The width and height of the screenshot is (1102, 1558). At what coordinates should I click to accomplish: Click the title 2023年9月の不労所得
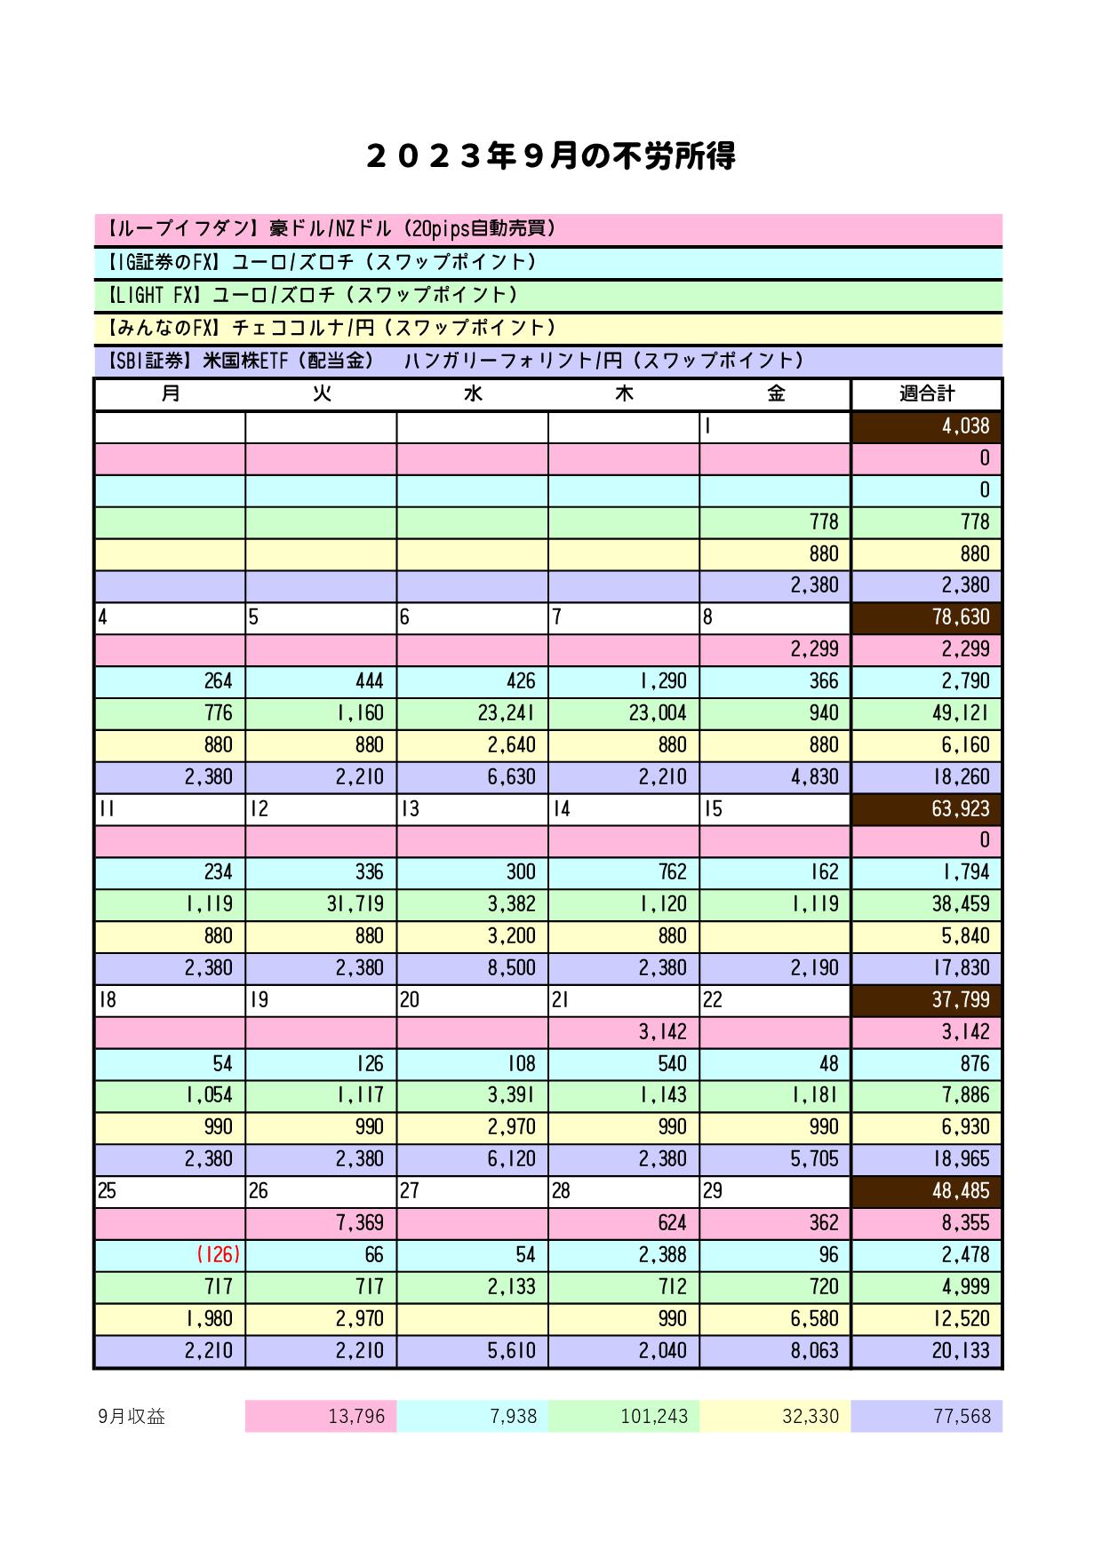click(x=550, y=157)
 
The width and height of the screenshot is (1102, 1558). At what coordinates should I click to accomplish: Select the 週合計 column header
click(x=926, y=393)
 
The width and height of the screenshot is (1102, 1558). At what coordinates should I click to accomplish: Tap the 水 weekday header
click(x=472, y=393)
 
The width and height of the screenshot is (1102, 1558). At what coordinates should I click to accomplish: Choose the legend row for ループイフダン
click(x=547, y=229)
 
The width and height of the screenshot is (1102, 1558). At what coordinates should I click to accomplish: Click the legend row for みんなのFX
click(x=547, y=328)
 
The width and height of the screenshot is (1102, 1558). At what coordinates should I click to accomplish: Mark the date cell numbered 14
click(x=623, y=809)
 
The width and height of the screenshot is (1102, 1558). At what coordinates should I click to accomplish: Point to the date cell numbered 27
click(x=472, y=1191)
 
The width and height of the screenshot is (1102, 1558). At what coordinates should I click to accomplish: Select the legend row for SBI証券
click(x=547, y=361)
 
